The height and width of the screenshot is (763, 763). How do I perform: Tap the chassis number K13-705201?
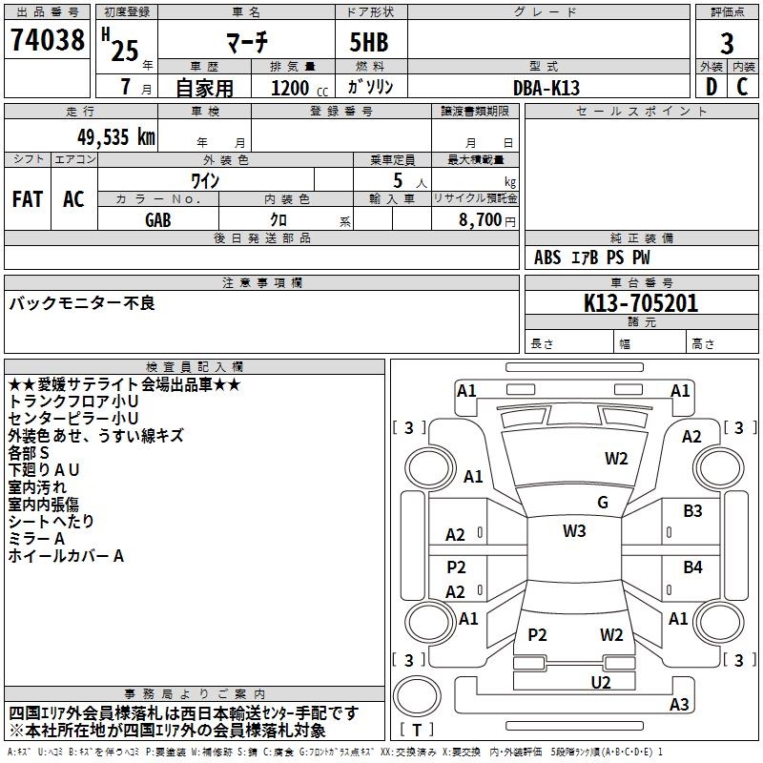[x=641, y=304]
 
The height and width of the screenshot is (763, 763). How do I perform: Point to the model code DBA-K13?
[x=546, y=87]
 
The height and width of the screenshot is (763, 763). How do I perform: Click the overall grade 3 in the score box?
[x=727, y=43]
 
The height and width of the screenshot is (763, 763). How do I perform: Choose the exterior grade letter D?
[x=711, y=87]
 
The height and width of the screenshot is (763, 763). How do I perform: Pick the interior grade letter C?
[x=742, y=87]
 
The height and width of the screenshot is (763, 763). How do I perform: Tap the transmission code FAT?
[x=27, y=199]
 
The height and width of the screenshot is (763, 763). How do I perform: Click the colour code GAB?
[x=158, y=219]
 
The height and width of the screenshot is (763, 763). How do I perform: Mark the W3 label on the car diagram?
[x=574, y=531]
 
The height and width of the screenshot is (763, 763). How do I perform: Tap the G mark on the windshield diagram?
[x=602, y=503]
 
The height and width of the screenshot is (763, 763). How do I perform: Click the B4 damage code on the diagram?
[x=692, y=567]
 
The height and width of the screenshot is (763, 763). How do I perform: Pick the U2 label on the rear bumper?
[x=600, y=681]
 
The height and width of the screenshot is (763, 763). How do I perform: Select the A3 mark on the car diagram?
[x=679, y=705]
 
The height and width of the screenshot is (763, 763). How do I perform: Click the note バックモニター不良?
[x=82, y=303]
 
